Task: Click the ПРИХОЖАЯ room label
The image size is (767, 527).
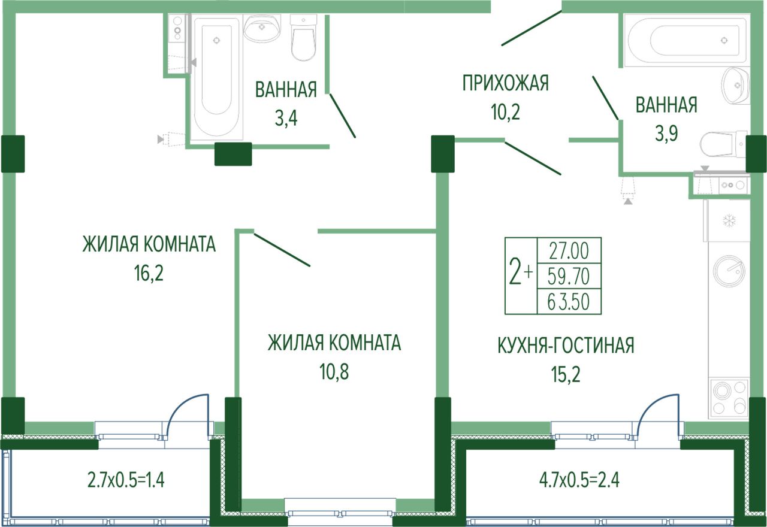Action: click(x=505, y=83)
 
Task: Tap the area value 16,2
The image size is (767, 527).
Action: click(x=149, y=273)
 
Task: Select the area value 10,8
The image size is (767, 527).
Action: click(x=334, y=372)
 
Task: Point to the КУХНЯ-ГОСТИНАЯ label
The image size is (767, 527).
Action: click(x=566, y=346)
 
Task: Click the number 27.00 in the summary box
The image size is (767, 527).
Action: click(x=569, y=250)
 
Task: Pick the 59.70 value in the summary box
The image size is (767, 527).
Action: click(x=569, y=277)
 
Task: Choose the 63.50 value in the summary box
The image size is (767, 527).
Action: click(x=569, y=302)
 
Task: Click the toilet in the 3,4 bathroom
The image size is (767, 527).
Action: click(x=303, y=37)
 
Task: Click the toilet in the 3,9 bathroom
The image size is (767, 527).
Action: click(x=723, y=145)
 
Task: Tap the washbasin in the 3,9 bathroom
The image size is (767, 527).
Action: click(x=735, y=84)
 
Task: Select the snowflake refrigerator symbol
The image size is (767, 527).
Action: click(x=729, y=221)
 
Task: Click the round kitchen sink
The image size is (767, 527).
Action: click(x=729, y=271)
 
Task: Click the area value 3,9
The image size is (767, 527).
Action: click(x=666, y=134)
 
